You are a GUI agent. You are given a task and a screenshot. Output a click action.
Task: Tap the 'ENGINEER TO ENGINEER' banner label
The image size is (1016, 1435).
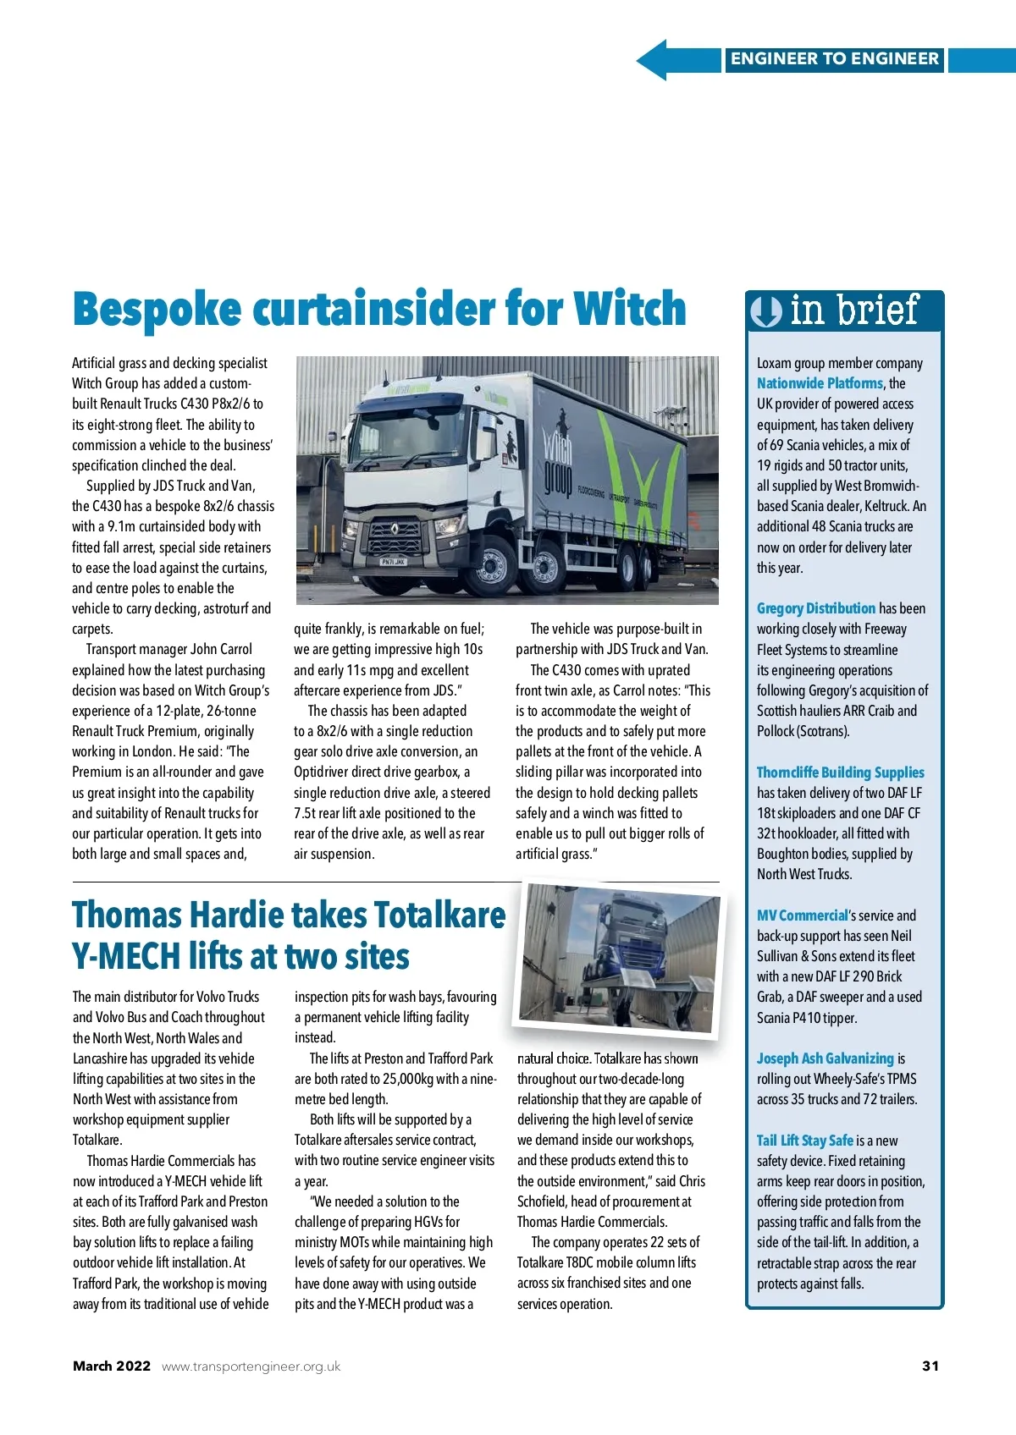[x=834, y=59]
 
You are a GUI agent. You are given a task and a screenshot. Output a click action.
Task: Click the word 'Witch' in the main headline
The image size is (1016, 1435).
[x=629, y=309]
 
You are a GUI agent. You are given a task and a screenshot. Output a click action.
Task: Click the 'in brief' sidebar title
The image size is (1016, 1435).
[x=853, y=311]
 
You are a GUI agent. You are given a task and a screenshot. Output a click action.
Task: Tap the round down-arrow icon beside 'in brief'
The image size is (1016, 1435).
[x=766, y=311]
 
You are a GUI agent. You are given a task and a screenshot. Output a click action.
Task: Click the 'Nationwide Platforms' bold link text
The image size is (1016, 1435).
[x=820, y=383]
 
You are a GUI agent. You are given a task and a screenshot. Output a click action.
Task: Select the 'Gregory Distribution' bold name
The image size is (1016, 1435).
[x=815, y=608]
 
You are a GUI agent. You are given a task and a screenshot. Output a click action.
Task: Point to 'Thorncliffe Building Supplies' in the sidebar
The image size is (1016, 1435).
[x=840, y=772]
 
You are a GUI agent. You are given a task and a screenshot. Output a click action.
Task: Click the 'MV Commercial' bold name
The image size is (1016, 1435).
[x=802, y=915]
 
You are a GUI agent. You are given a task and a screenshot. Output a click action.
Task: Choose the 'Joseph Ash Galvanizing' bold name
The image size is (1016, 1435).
[x=825, y=1058]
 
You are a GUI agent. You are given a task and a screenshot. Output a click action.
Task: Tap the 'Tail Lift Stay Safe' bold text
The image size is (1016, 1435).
[x=804, y=1141]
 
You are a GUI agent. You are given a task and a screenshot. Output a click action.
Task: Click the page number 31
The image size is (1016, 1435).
[x=930, y=1366]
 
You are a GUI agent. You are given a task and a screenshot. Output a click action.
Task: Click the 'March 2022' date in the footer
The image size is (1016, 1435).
[x=112, y=1366]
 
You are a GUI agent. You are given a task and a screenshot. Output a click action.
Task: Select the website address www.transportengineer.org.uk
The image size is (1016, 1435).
[x=251, y=1366]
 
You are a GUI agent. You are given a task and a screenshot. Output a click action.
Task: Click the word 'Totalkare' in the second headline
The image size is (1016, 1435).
[x=439, y=916]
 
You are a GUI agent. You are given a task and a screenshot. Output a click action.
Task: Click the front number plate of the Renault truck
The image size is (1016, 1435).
[x=394, y=562]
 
